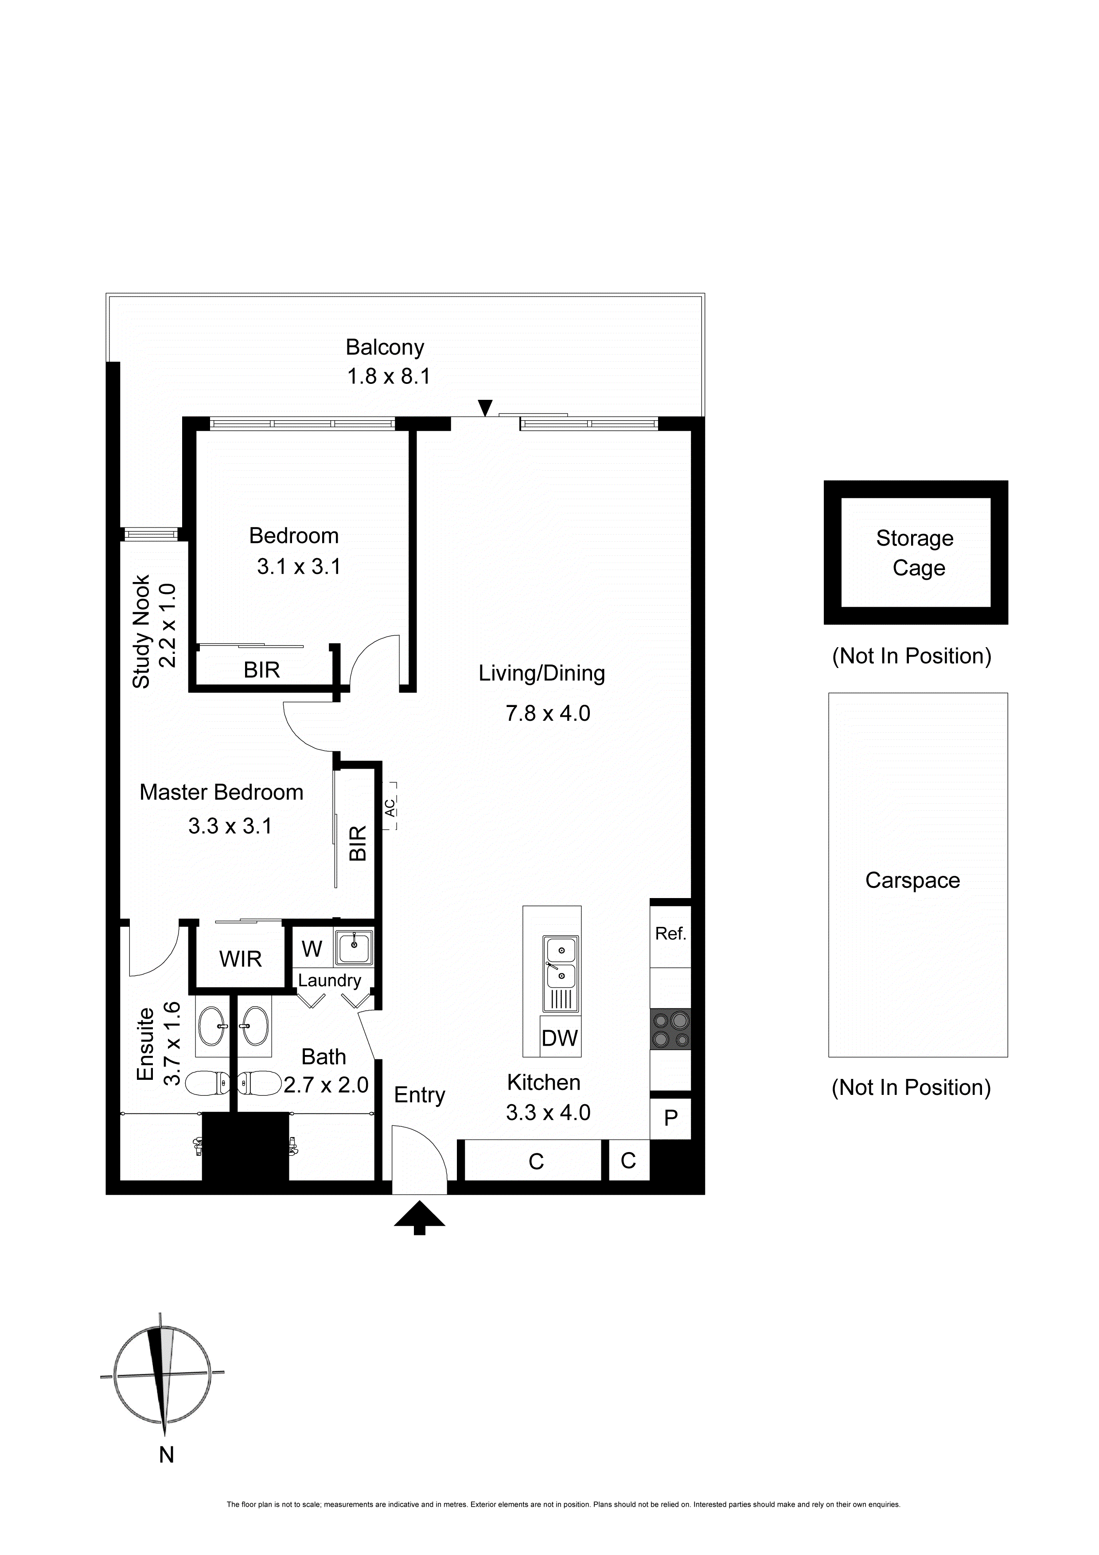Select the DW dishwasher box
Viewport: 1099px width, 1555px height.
point(559,1038)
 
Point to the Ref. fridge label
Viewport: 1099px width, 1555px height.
point(670,934)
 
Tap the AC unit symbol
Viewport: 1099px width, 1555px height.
point(390,806)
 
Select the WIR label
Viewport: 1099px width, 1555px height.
point(240,959)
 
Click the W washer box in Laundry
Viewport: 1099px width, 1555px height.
point(312,949)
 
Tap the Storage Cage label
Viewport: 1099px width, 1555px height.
point(916,553)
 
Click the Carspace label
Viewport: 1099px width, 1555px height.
point(912,880)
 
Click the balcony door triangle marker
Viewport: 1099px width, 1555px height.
point(485,408)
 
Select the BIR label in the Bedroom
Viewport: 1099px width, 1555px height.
point(262,670)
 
